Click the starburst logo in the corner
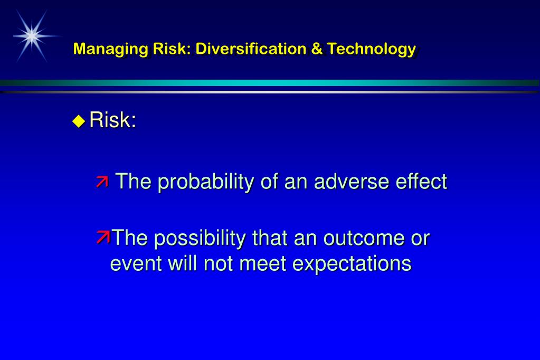[32, 35]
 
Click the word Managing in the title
[110, 49]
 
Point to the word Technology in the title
[372, 49]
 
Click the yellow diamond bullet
[79, 121]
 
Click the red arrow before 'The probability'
[102, 182]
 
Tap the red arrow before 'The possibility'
[102, 238]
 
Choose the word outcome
[364, 238]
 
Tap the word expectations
[352, 263]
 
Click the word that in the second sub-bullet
[269, 238]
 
